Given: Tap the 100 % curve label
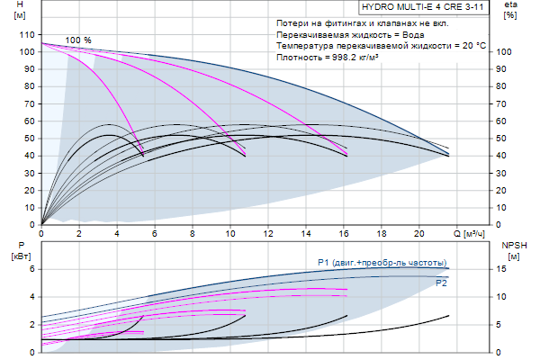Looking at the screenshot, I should coord(78,40).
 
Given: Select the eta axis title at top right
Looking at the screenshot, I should coord(509,9).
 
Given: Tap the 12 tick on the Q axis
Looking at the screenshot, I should coord(267,236).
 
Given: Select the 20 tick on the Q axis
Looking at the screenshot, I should coord(418,236).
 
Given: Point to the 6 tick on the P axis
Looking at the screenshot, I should coord(30,269).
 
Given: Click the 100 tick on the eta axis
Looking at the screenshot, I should coord(506,52).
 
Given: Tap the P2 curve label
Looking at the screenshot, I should coord(441,283).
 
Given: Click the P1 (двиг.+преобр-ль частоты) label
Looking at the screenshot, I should coord(382,263).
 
